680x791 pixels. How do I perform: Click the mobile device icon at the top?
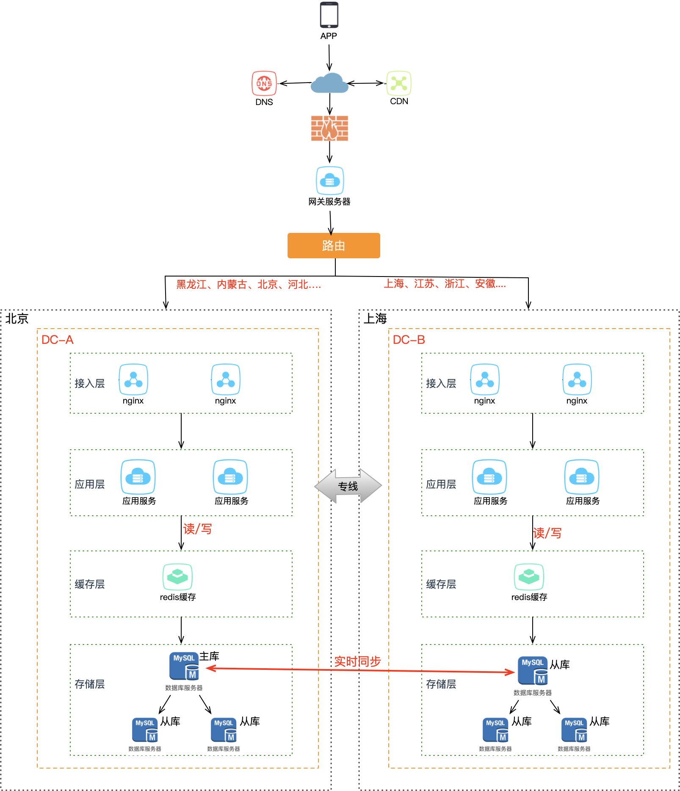329,16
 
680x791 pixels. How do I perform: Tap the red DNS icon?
264,83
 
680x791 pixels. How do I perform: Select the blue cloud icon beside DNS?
329,83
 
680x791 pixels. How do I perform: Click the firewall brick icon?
329,128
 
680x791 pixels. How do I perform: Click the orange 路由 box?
334,246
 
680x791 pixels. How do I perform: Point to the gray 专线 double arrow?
348,486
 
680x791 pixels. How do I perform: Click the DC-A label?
58,340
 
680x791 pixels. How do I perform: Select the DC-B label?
409,340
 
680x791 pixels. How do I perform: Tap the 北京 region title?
17,319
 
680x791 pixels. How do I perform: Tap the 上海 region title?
375,319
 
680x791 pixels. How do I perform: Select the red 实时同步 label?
357,661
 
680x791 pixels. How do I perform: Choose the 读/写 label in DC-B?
547,533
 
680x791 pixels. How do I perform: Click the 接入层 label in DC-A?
90,384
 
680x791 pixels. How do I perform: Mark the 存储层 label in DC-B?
441,684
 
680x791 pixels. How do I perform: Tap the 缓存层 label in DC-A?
90,584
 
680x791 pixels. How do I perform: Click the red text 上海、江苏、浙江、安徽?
445,284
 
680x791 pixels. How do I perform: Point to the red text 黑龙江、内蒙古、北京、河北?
249,285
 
